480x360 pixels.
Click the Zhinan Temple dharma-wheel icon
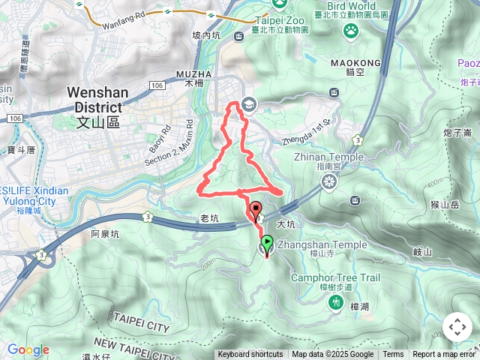click(x=328, y=181)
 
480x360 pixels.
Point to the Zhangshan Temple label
click(x=322, y=245)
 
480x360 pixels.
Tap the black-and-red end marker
click(x=255, y=210)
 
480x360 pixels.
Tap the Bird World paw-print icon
click(x=351, y=30)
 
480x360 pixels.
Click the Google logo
click(x=28, y=349)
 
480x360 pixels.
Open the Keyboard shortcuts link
click(x=250, y=355)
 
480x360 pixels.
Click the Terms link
click(x=393, y=355)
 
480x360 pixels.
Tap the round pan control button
click(x=457, y=327)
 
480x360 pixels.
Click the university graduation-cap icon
click(x=249, y=106)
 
